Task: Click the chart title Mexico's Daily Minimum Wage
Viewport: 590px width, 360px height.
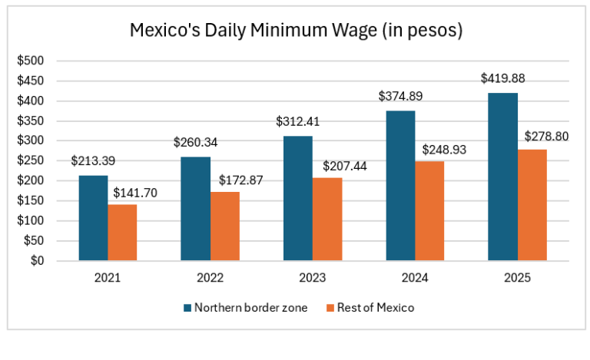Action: coord(296,31)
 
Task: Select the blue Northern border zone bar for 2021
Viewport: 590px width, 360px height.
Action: coord(93,218)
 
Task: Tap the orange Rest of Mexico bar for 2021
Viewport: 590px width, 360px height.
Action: coord(122,233)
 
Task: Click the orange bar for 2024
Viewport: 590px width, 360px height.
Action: coord(429,211)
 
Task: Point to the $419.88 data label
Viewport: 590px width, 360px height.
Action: coord(502,78)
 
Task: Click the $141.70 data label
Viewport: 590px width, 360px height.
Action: coord(135,193)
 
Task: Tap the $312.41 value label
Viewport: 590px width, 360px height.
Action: coord(298,121)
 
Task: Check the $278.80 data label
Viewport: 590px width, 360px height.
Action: coord(546,137)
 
